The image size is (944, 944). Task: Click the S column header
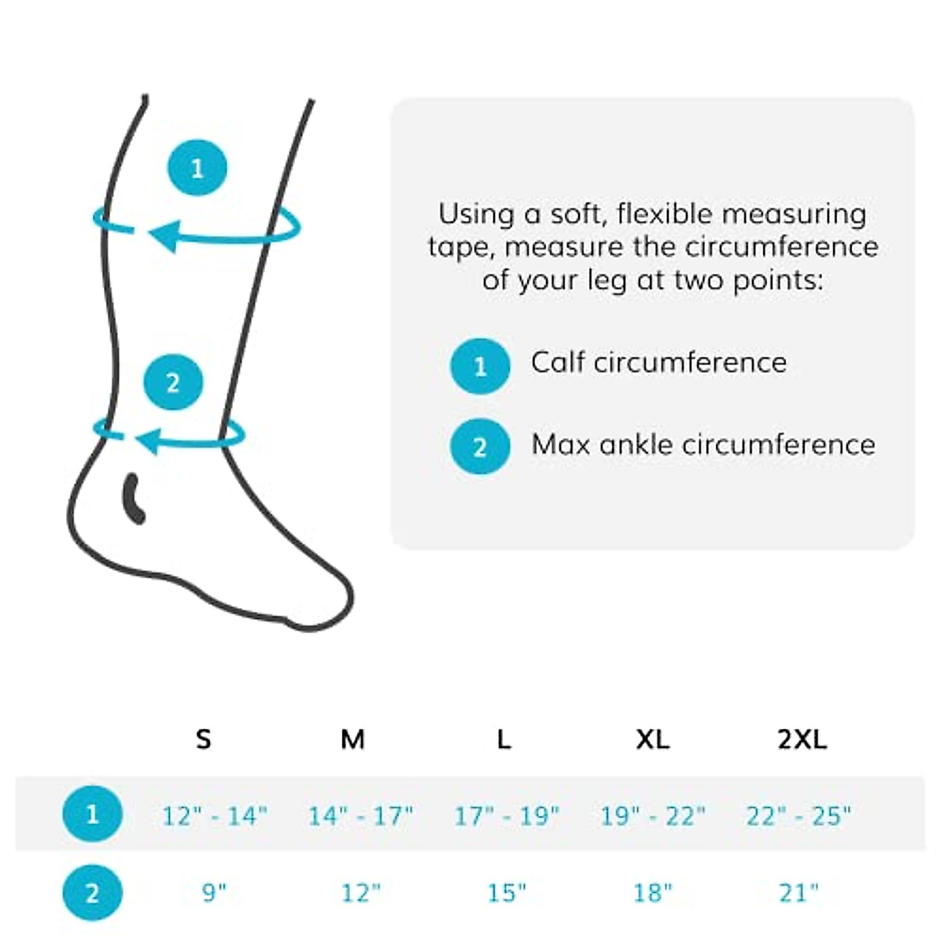click(x=203, y=739)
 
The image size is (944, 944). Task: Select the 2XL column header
click(x=802, y=739)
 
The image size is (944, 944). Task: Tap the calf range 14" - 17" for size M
click(x=360, y=816)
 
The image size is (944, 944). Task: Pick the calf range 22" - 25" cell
click(x=798, y=816)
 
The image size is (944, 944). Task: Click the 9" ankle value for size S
click(x=214, y=893)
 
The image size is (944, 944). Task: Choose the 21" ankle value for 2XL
click(x=798, y=893)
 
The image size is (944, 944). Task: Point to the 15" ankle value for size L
click(x=507, y=893)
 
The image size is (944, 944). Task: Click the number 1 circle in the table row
click(x=93, y=813)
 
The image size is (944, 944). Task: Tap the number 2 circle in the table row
click(x=93, y=893)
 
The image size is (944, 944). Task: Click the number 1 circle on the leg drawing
click(x=197, y=168)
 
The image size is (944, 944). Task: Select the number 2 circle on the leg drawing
click(x=173, y=383)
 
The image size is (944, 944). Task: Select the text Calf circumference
click(x=658, y=363)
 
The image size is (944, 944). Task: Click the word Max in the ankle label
click(x=560, y=444)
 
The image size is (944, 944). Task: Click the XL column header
click(x=652, y=739)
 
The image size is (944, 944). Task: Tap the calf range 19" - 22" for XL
click(x=653, y=816)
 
